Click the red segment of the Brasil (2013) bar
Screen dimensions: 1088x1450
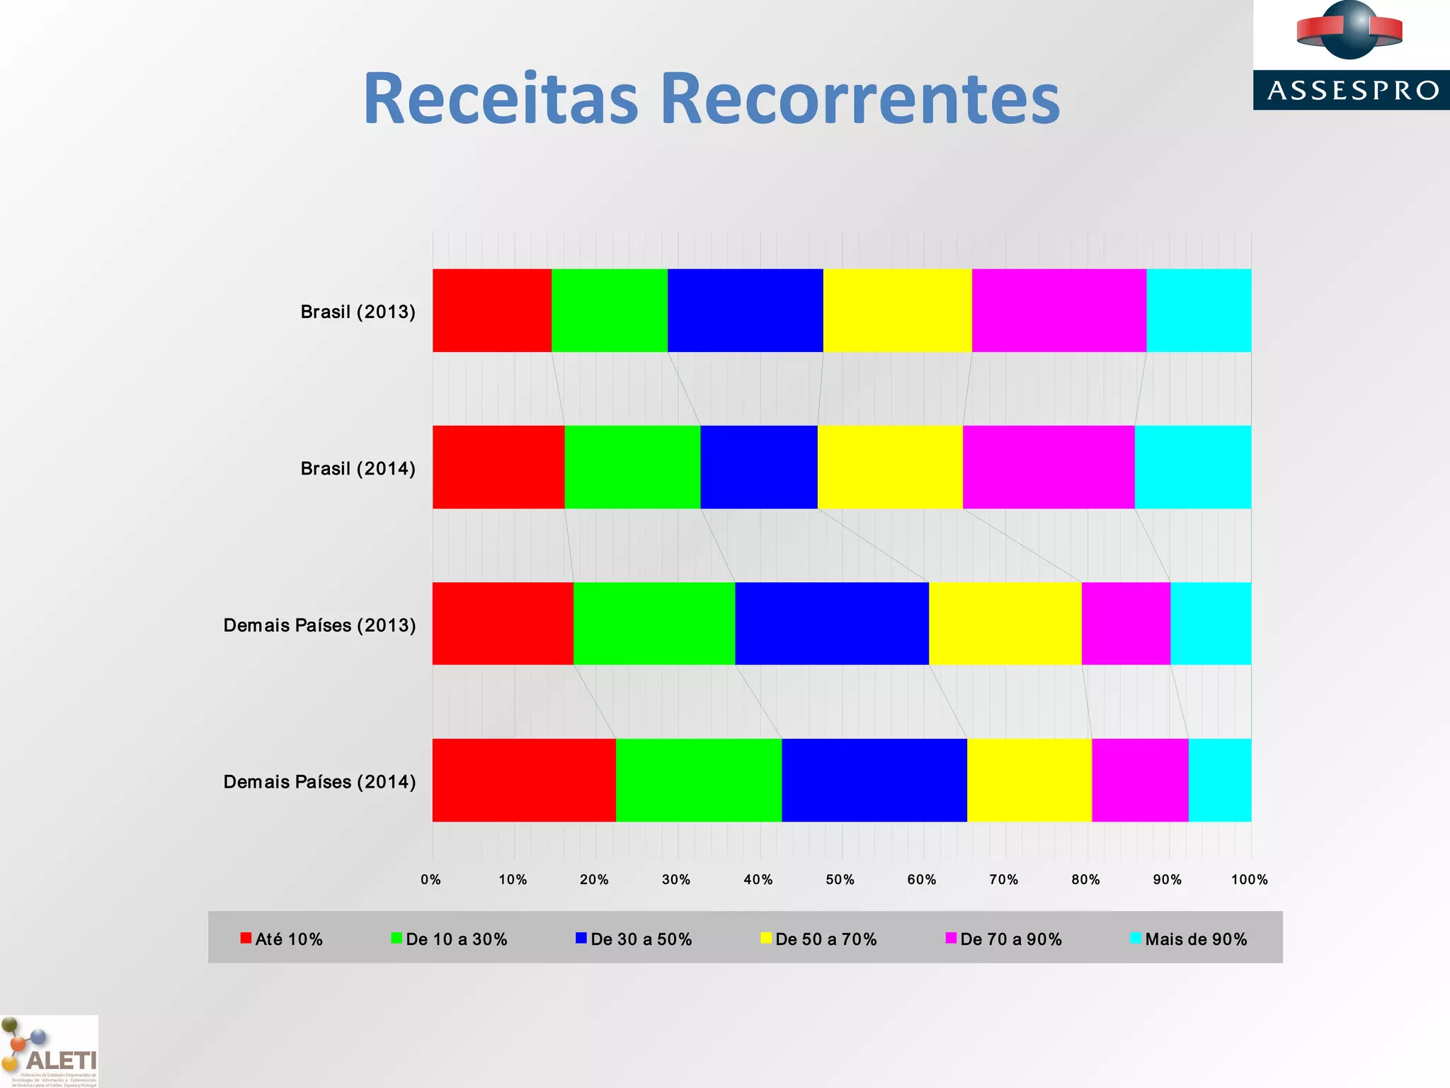(x=492, y=310)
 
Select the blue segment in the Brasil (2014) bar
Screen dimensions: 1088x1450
(x=759, y=467)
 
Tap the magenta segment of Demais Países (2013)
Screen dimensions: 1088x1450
(x=1126, y=623)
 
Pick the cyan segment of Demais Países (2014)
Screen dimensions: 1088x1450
(x=1219, y=780)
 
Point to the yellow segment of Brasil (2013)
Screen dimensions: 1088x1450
(x=897, y=310)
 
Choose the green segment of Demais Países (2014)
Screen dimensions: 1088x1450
(x=699, y=780)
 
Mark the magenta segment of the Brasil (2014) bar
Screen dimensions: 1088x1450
(x=1049, y=467)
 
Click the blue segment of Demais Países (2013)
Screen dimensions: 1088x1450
(x=832, y=623)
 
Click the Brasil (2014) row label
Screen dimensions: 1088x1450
(x=358, y=468)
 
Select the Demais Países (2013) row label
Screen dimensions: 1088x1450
(x=319, y=625)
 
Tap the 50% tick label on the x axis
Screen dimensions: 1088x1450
(x=840, y=880)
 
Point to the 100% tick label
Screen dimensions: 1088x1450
(x=1249, y=880)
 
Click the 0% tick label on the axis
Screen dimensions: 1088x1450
(x=430, y=880)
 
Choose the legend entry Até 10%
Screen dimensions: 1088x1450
(x=282, y=939)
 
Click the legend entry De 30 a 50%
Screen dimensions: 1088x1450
(x=634, y=939)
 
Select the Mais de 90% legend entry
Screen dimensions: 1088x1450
(x=1189, y=939)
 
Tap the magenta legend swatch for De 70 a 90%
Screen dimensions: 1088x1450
(x=951, y=939)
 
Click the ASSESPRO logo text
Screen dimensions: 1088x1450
(x=1352, y=91)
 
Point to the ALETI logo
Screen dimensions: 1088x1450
(x=50, y=1052)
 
